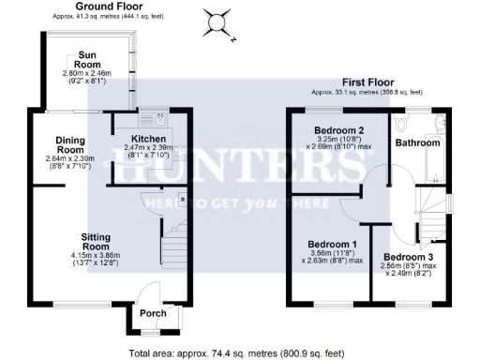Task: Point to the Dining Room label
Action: point(69,144)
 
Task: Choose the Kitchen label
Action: point(144,138)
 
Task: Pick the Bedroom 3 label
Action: point(409,257)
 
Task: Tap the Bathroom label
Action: point(416,143)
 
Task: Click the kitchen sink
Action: point(153,120)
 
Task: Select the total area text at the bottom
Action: point(236,353)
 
